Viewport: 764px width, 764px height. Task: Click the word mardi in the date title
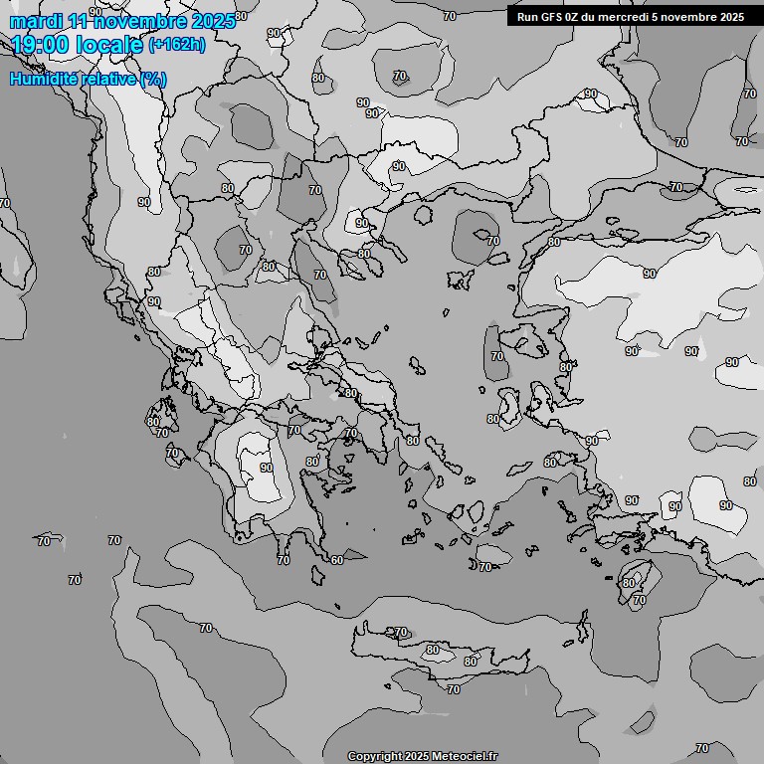(x=35, y=20)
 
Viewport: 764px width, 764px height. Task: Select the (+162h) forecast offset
(x=177, y=44)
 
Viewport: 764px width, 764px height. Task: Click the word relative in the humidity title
(x=110, y=79)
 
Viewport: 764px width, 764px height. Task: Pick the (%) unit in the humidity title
(x=153, y=79)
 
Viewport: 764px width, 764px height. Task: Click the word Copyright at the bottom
(x=374, y=757)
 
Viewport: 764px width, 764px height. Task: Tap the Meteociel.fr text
(x=465, y=757)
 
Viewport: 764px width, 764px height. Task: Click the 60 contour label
(x=337, y=560)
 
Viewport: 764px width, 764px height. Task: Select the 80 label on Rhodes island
(x=629, y=583)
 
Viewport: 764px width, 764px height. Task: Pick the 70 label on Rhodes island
(x=639, y=601)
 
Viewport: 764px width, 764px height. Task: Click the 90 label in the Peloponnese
(x=266, y=468)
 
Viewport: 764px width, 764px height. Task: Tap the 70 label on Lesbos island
(x=497, y=356)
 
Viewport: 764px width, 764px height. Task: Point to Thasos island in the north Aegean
(x=422, y=213)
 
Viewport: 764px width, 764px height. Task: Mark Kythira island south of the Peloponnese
(x=318, y=575)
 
